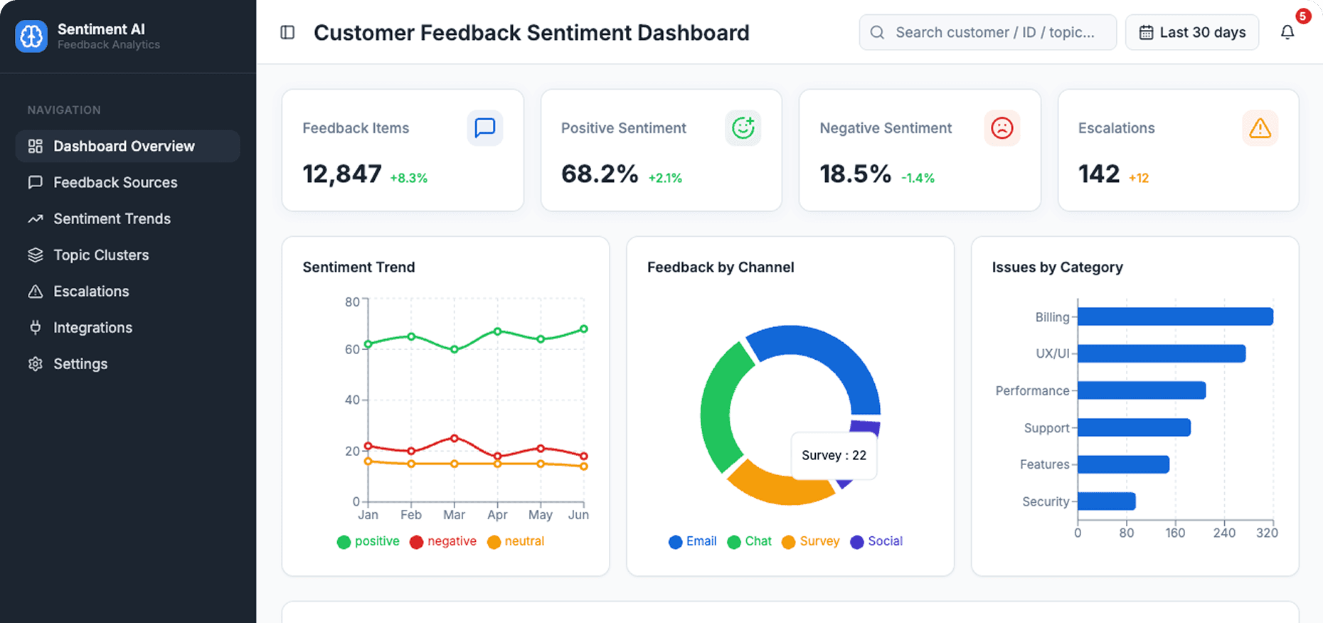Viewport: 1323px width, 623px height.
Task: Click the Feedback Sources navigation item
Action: pos(115,182)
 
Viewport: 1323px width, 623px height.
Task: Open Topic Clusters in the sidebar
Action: pos(100,255)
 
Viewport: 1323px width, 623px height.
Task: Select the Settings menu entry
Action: pos(80,363)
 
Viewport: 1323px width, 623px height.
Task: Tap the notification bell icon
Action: pos(1287,33)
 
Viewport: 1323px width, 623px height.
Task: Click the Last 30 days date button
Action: pos(1192,33)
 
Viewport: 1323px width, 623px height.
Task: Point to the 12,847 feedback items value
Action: pos(342,174)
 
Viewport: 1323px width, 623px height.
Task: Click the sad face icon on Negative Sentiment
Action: pos(1001,128)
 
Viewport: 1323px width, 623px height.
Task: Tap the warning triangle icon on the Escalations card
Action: pos(1260,128)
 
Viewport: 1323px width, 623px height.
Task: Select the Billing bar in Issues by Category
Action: pos(1174,316)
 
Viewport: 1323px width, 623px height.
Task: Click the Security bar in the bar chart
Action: pos(1106,501)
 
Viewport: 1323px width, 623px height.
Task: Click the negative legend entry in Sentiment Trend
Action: pos(443,541)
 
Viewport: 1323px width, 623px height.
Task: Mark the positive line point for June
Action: pos(584,329)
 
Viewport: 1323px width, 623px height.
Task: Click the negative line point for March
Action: pos(455,438)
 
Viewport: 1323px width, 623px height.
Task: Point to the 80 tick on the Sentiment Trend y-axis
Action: pos(352,302)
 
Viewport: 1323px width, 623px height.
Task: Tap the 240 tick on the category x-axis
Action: pos(1224,533)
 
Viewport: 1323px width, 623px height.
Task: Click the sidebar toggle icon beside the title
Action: pos(287,33)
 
